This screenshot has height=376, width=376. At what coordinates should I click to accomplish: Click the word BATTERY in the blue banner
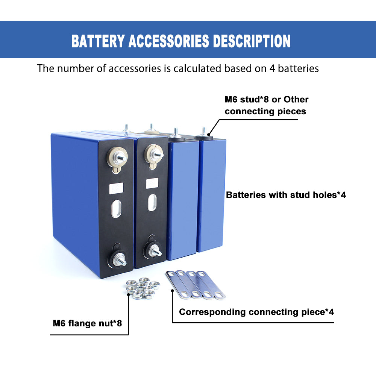pos(98,41)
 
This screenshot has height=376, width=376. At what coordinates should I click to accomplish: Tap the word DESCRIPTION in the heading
pos(252,41)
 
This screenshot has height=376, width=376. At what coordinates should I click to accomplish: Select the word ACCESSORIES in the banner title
pos(169,41)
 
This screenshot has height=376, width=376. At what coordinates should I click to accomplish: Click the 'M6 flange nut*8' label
pos(87,323)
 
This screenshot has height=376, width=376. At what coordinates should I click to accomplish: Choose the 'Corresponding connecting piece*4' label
pos(256,312)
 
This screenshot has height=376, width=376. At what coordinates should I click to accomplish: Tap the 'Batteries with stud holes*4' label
pos(286,195)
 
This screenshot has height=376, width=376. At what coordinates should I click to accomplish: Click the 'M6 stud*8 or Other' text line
pos(267,99)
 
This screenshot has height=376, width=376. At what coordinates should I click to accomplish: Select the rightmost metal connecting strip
pos(211,285)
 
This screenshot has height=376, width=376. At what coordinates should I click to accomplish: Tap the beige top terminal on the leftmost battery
pos(117,158)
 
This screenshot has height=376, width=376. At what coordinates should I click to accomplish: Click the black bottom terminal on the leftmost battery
pos(118,259)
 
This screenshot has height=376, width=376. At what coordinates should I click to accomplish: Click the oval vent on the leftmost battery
pos(117,209)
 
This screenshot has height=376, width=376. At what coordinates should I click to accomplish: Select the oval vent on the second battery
pos(153,202)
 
